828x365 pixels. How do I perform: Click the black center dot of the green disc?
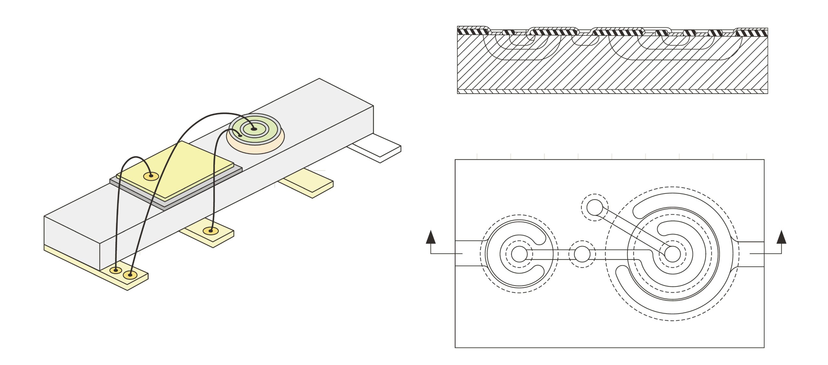pos(254,129)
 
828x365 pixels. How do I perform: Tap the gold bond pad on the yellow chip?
pos(151,176)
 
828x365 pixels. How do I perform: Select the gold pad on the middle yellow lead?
pos(211,231)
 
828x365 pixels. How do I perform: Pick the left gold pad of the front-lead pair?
pos(115,270)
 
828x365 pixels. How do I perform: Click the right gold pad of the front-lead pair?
pos(130,275)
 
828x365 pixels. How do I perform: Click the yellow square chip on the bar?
pos(181,168)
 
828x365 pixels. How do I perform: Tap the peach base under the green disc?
pos(256,147)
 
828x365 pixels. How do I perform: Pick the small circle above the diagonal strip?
pos(594,208)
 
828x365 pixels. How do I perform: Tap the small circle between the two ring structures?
pos(582,254)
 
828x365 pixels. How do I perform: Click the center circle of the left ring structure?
pos(519,254)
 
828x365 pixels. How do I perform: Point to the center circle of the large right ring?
pos(672,254)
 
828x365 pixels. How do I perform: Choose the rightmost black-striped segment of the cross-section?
pos(751,33)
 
